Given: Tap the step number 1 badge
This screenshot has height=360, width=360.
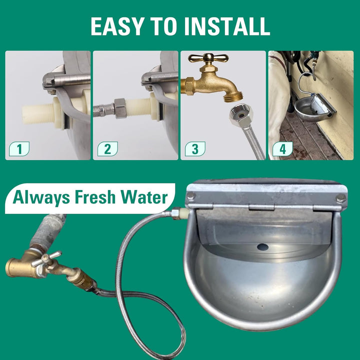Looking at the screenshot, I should [x=19, y=148].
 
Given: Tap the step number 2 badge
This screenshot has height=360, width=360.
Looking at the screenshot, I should [x=107, y=148].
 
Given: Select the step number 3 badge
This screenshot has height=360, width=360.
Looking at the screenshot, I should [x=194, y=148].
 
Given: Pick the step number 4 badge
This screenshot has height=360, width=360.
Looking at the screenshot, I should [x=282, y=148].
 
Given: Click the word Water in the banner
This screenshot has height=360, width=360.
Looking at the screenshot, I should [x=145, y=197].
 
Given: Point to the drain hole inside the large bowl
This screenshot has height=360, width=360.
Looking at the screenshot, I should [x=262, y=246].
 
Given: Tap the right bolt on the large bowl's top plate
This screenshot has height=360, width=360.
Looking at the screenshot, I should [x=340, y=198].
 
